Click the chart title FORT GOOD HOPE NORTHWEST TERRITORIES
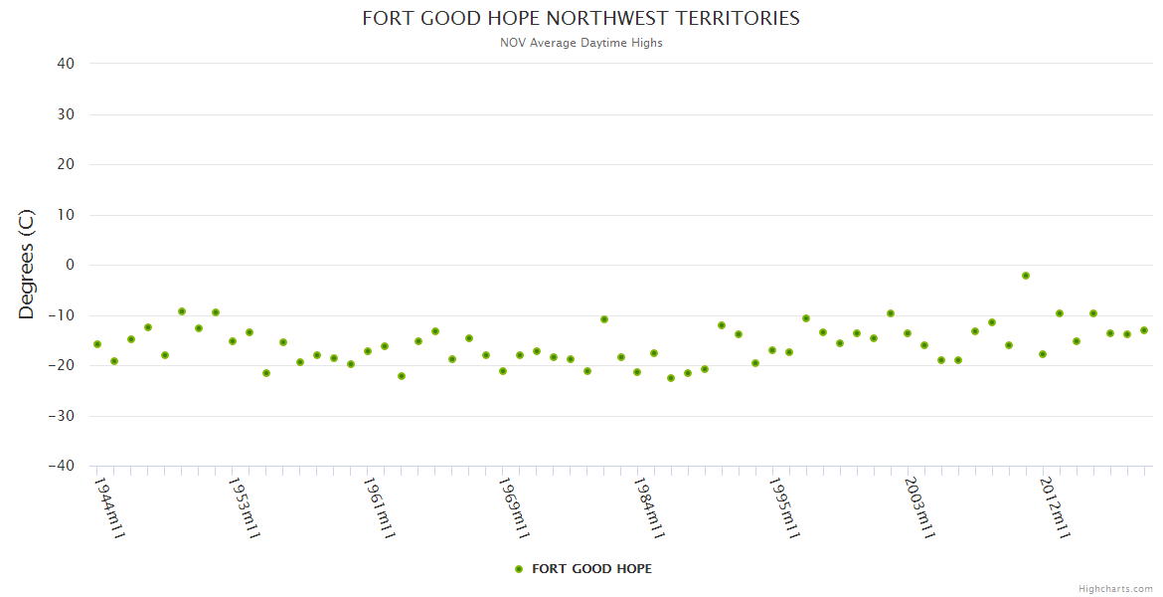(581, 19)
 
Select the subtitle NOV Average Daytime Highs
(581, 43)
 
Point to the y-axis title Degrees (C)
(27, 265)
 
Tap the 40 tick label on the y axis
(66, 64)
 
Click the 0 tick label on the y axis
(71, 265)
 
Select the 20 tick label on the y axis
(66, 164)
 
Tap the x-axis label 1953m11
(244, 507)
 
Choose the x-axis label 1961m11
(379, 507)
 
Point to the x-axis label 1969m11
(514, 507)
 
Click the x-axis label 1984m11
(648, 507)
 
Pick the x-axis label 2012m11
(1054, 507)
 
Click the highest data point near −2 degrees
(1026, 276)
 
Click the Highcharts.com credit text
(1115, 589)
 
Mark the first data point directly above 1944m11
(97, 344)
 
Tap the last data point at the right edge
(1144, 330)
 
